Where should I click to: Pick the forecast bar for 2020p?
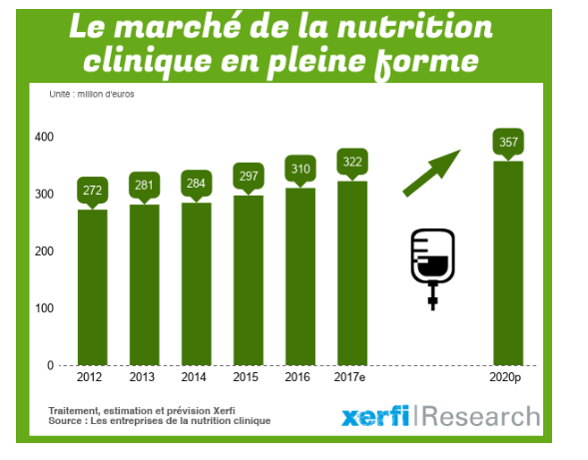(x=508, y=263)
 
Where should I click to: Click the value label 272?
(x=92, y=190)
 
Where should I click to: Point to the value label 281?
(x=144, y=185)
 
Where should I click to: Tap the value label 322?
(x=352, y=162)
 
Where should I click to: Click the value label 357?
(x=508, y=142)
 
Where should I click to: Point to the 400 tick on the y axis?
(x=43, y=137)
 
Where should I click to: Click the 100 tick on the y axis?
(x=43, y=308)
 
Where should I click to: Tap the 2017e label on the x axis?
(x=352, y=378)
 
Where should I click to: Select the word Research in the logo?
(x=481, y=417)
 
